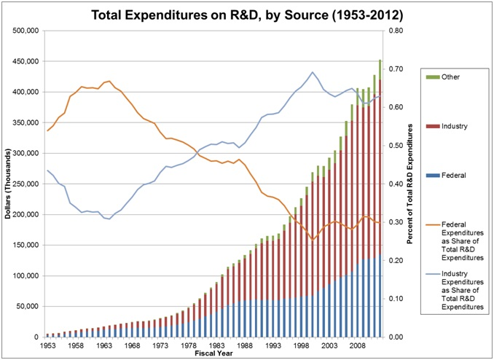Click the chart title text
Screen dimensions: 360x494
[248, 14]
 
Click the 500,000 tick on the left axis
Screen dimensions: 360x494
[26, 31]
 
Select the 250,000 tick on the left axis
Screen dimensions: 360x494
[26, 184]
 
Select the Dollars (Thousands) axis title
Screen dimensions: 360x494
[7, 184]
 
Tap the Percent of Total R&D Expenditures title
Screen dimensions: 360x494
[412, 184]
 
